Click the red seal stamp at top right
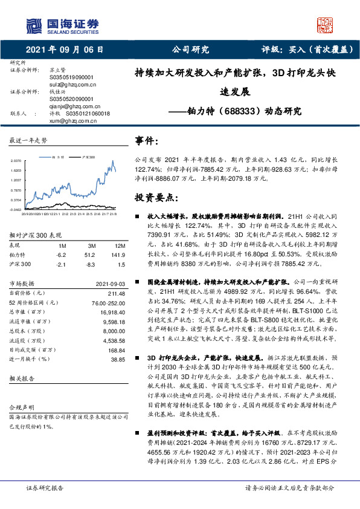pyautogui.click(x=326, y=25)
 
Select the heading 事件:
pyautogui.click(x=147, y=141)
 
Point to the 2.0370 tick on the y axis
pyautogui.click(x=16, y=161)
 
